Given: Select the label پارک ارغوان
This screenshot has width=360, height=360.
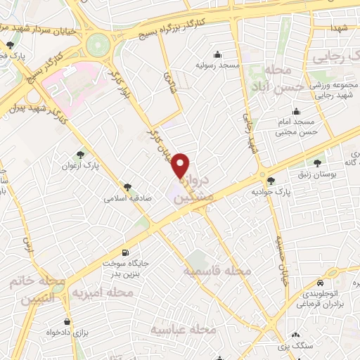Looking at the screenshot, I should pos(82,166).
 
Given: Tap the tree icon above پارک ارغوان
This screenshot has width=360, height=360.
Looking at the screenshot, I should pos(82,155).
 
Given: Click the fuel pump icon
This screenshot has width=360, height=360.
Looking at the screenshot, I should pos(126,252).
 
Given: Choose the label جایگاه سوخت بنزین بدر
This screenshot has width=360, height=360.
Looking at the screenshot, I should pos(126,268).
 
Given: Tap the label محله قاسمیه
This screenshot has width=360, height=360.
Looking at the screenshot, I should pos(217,271).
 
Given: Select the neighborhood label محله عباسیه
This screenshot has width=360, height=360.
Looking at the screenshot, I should pos(179,329).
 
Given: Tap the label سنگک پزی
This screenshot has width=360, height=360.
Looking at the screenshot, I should pos(295,347).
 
